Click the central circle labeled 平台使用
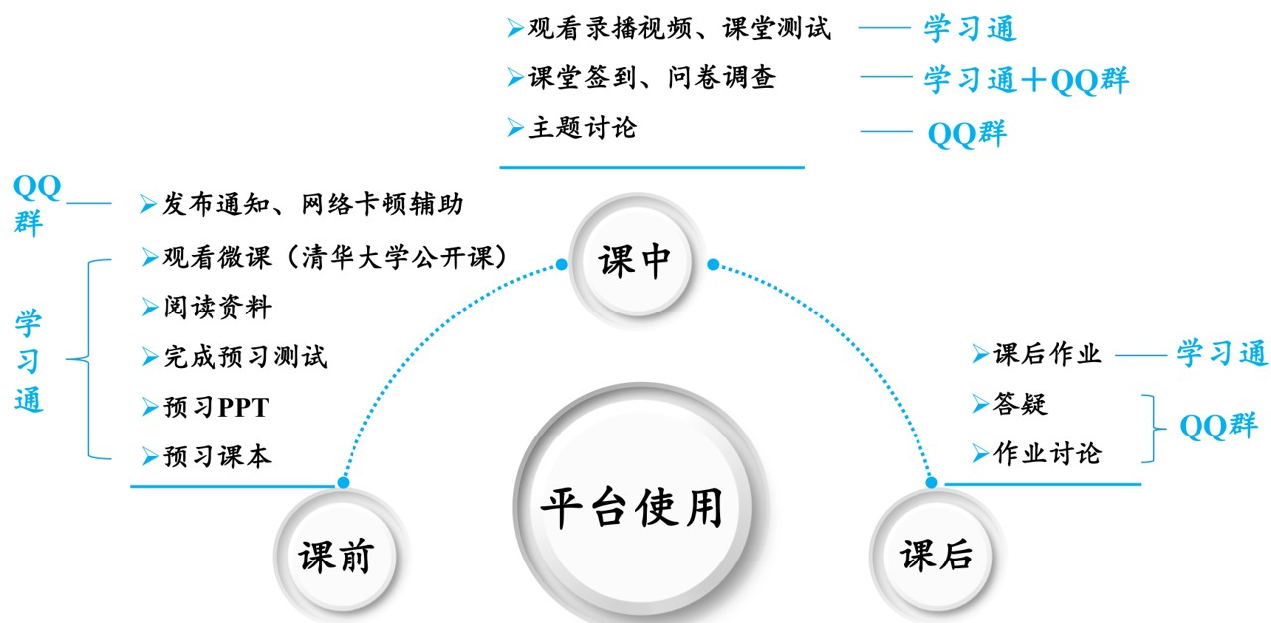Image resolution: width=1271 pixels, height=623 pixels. [x=633, y=509]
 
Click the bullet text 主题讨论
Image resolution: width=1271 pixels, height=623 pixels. [x=583, y=128]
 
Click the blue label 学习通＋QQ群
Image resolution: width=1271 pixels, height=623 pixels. [x=1026, y=80]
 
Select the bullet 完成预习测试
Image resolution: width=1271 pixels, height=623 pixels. [x=244, y=357]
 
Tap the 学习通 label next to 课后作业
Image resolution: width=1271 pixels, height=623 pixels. [x=1222, y=353]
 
